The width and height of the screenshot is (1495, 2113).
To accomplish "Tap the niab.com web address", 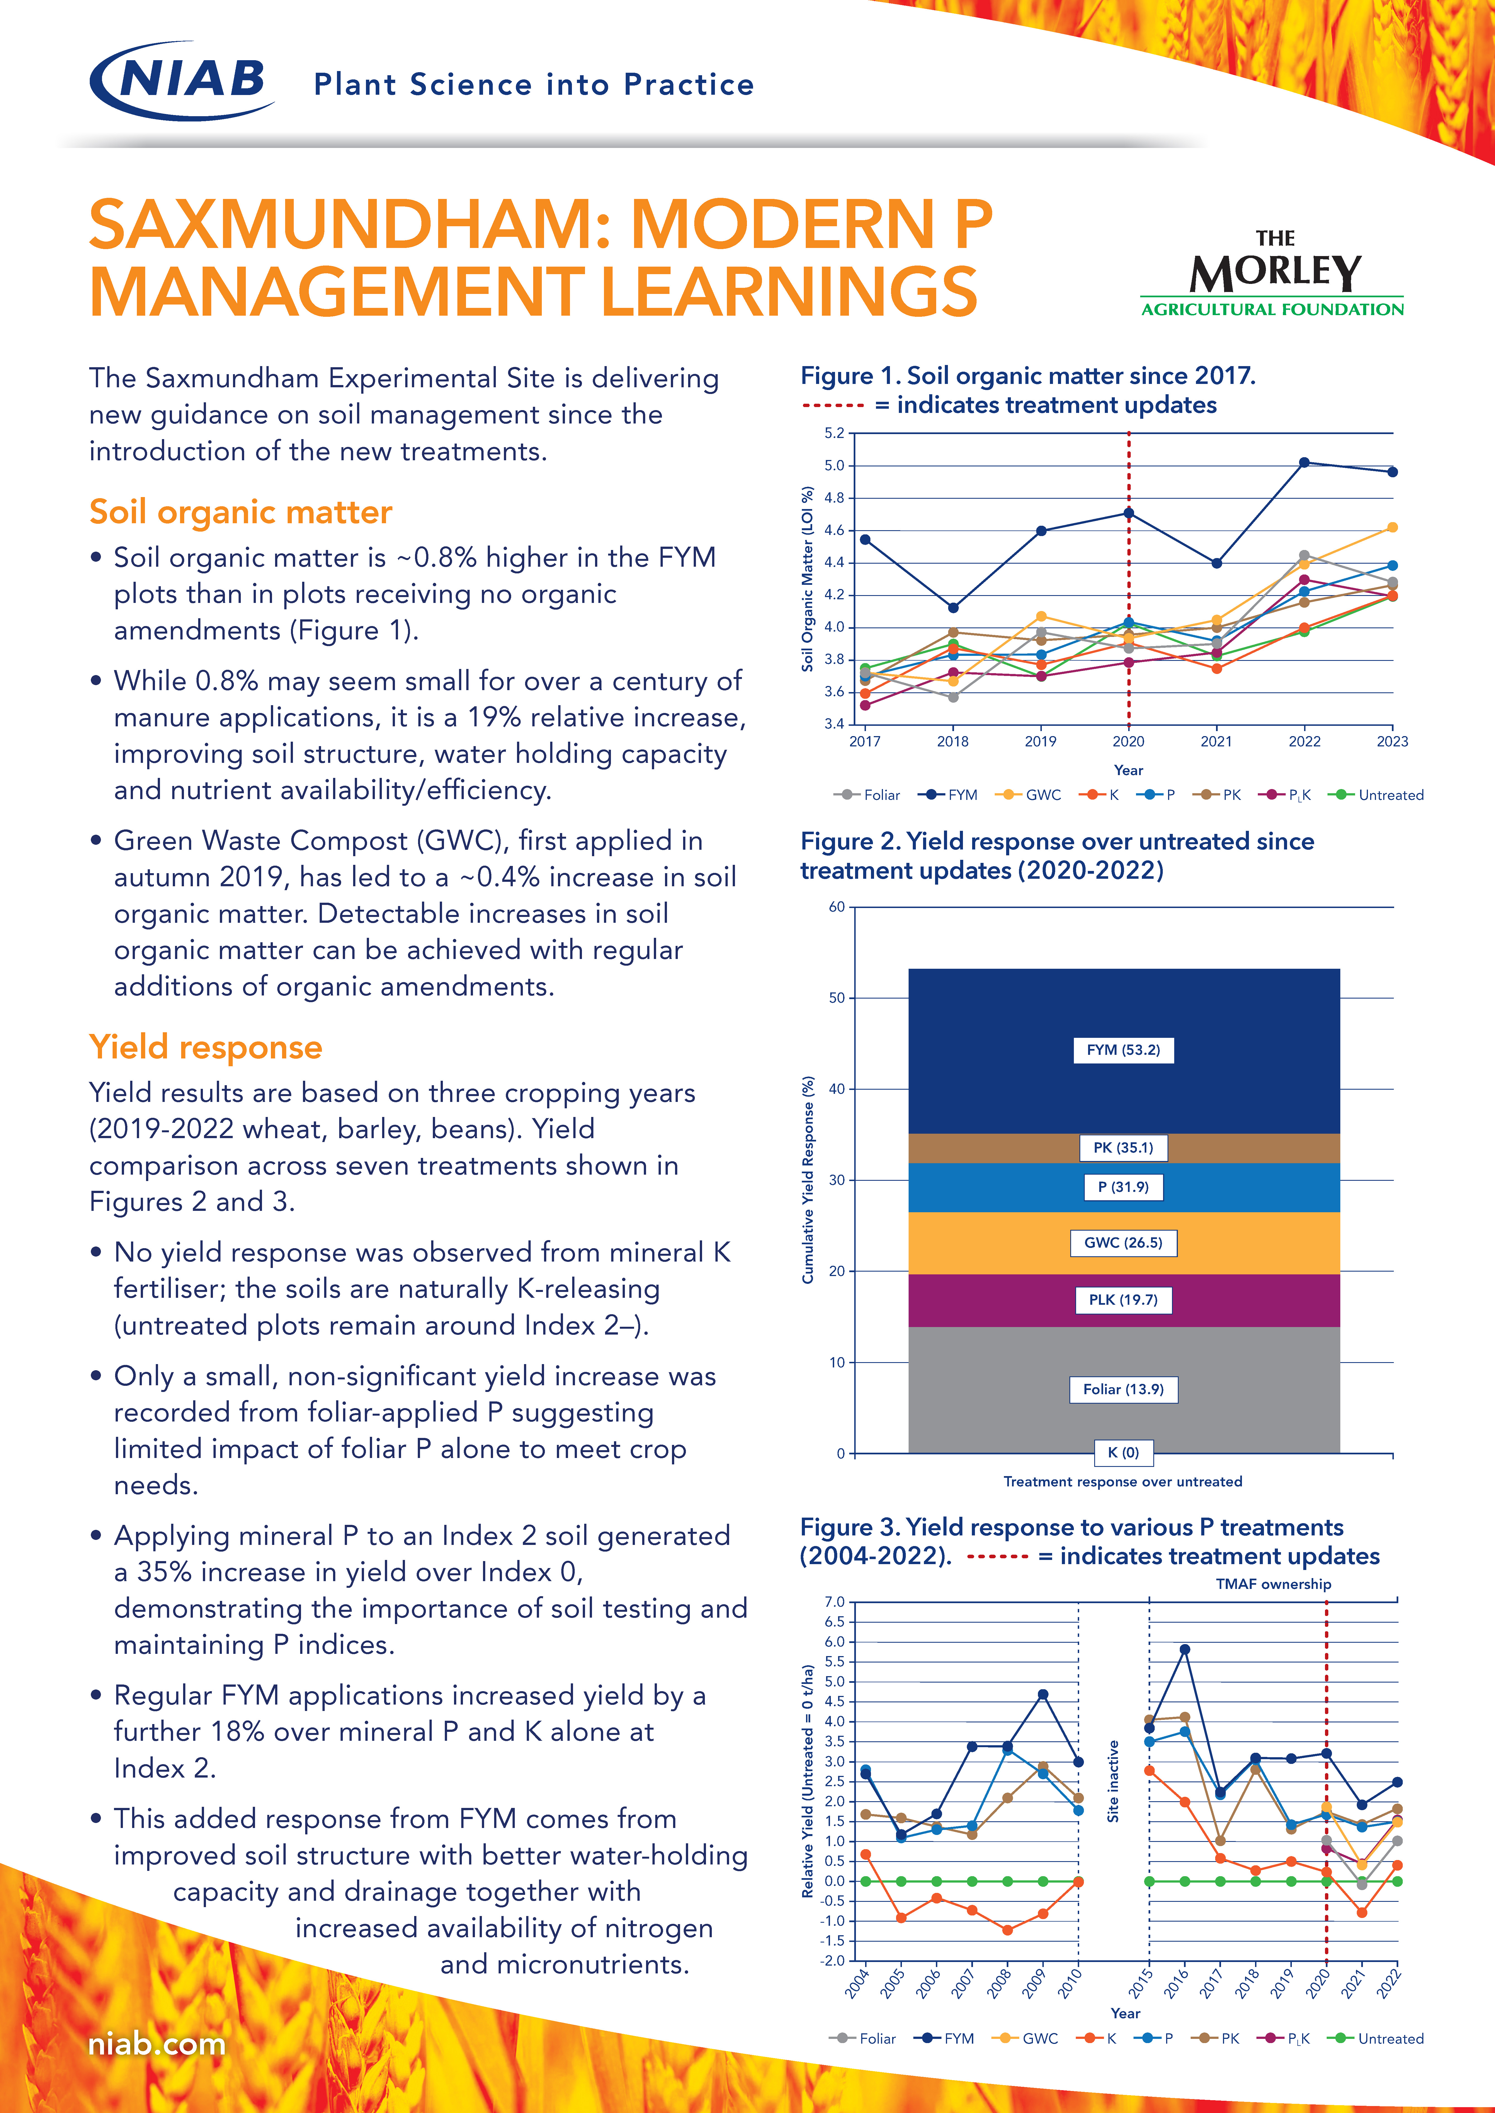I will point(157,2044).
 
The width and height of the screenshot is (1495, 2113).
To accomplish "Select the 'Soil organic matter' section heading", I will point(240,512).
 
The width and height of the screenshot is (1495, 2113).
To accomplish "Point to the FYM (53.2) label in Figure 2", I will point(1123,1050).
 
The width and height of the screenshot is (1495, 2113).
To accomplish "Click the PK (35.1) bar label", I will point(1123,1148).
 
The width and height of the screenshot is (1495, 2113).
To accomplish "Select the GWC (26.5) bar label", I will point(1123,1242).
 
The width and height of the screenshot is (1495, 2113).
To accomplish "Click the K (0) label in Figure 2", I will point(1123,1452).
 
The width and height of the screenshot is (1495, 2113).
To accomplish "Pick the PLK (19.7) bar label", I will point(1123,1299).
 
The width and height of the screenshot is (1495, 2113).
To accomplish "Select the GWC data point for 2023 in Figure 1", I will point(1392,527).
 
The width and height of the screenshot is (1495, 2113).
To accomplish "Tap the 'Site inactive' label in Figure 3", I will point(1113,1781).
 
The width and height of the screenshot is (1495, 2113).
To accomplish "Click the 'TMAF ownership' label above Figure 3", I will point(1273,1584).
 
